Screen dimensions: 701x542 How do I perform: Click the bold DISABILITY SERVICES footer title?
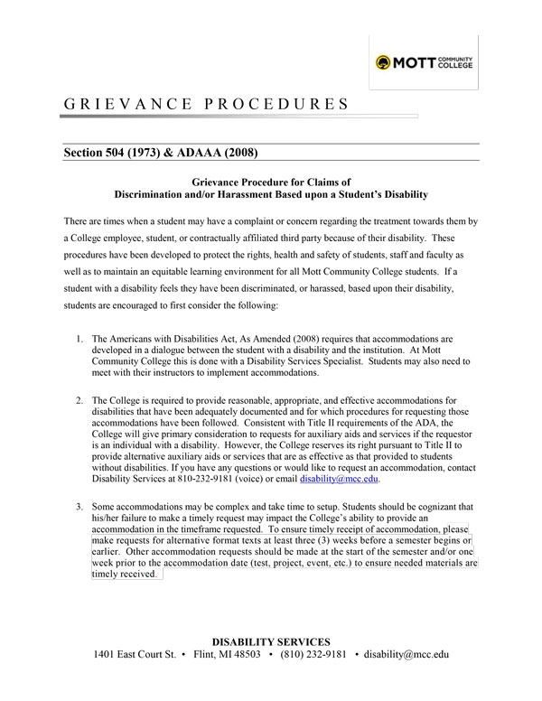click(271, 641)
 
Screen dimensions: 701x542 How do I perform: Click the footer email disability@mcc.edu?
click(406, 655)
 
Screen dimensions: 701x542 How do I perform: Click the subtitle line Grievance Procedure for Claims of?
click(271, 181)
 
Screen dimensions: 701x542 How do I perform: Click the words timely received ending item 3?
click(126, 573)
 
